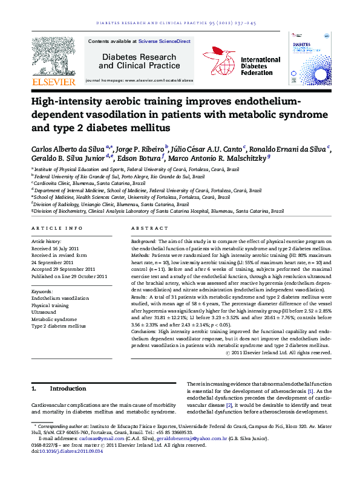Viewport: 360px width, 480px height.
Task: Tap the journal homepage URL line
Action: point(139,80)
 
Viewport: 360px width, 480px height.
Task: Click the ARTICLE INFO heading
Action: point(57,229)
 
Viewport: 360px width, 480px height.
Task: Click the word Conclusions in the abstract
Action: point(145,332)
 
